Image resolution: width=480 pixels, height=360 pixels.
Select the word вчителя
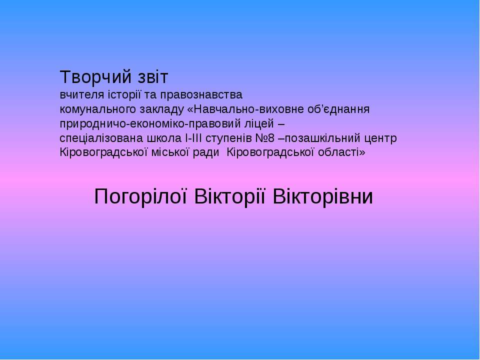tap(80, 95)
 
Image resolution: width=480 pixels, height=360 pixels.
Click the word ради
tap(206, 152)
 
